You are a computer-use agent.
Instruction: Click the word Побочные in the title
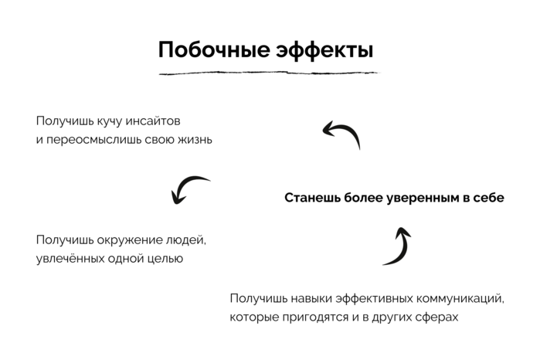pos(214,49)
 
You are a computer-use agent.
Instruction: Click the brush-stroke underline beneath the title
pos(269,73)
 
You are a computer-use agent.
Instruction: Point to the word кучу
pos(110,122)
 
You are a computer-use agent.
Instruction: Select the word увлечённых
pos(70,259)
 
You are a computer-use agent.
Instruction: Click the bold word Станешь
pos(312,198)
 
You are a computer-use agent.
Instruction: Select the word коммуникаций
pos(460,299)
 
